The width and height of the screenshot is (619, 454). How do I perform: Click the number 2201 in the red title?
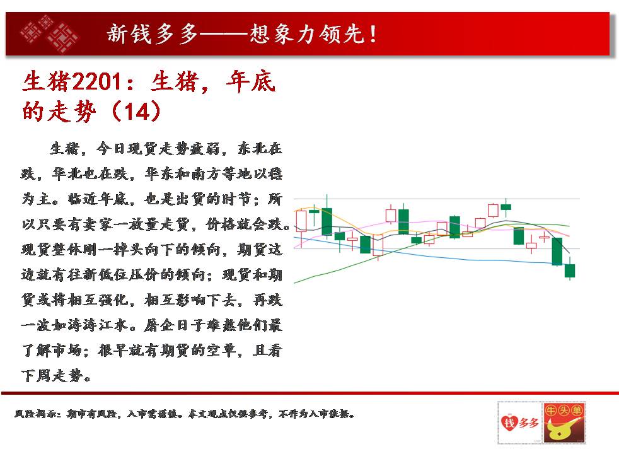coord(96,82)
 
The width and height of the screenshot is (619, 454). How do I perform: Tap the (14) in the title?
coord(137,112)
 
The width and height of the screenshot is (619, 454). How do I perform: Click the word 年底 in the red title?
coord(251,82)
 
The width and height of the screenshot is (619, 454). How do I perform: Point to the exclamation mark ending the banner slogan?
coord(373,34)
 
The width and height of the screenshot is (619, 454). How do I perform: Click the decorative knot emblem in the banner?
coord(49,34)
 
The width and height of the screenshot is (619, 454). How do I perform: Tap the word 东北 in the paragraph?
coord(252,148)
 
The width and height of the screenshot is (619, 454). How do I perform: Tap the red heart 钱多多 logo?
coord(519,422)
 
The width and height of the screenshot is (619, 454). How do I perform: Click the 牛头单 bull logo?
coord(564,422)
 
